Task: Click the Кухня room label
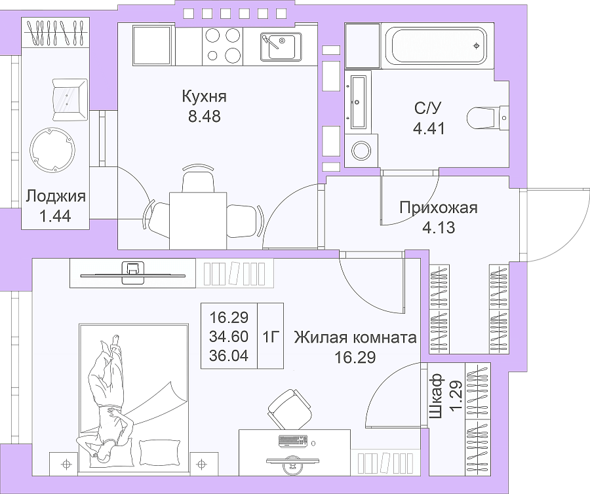(x=205, y=96)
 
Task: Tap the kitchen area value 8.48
(x=205, y=116)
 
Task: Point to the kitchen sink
(x=281, y=47)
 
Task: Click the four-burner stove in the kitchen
(x=223, y=47)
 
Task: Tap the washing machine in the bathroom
(x=361, y=151)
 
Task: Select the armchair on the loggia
(x=69, y=100)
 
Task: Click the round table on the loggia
(x=52, y=150)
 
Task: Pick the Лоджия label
(x=56, y=197)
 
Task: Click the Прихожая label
(x=439, y=207)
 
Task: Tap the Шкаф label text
(x=435, y=396)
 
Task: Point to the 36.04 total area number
(x=229, y=355)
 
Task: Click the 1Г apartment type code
(x=270, y=337)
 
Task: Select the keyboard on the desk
(x=293, y=442)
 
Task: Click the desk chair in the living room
(x=290, y=409)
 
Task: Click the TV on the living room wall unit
(x=133, y=273)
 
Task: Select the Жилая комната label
(x=355, y=337)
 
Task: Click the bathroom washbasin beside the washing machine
(x=357, y=102)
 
